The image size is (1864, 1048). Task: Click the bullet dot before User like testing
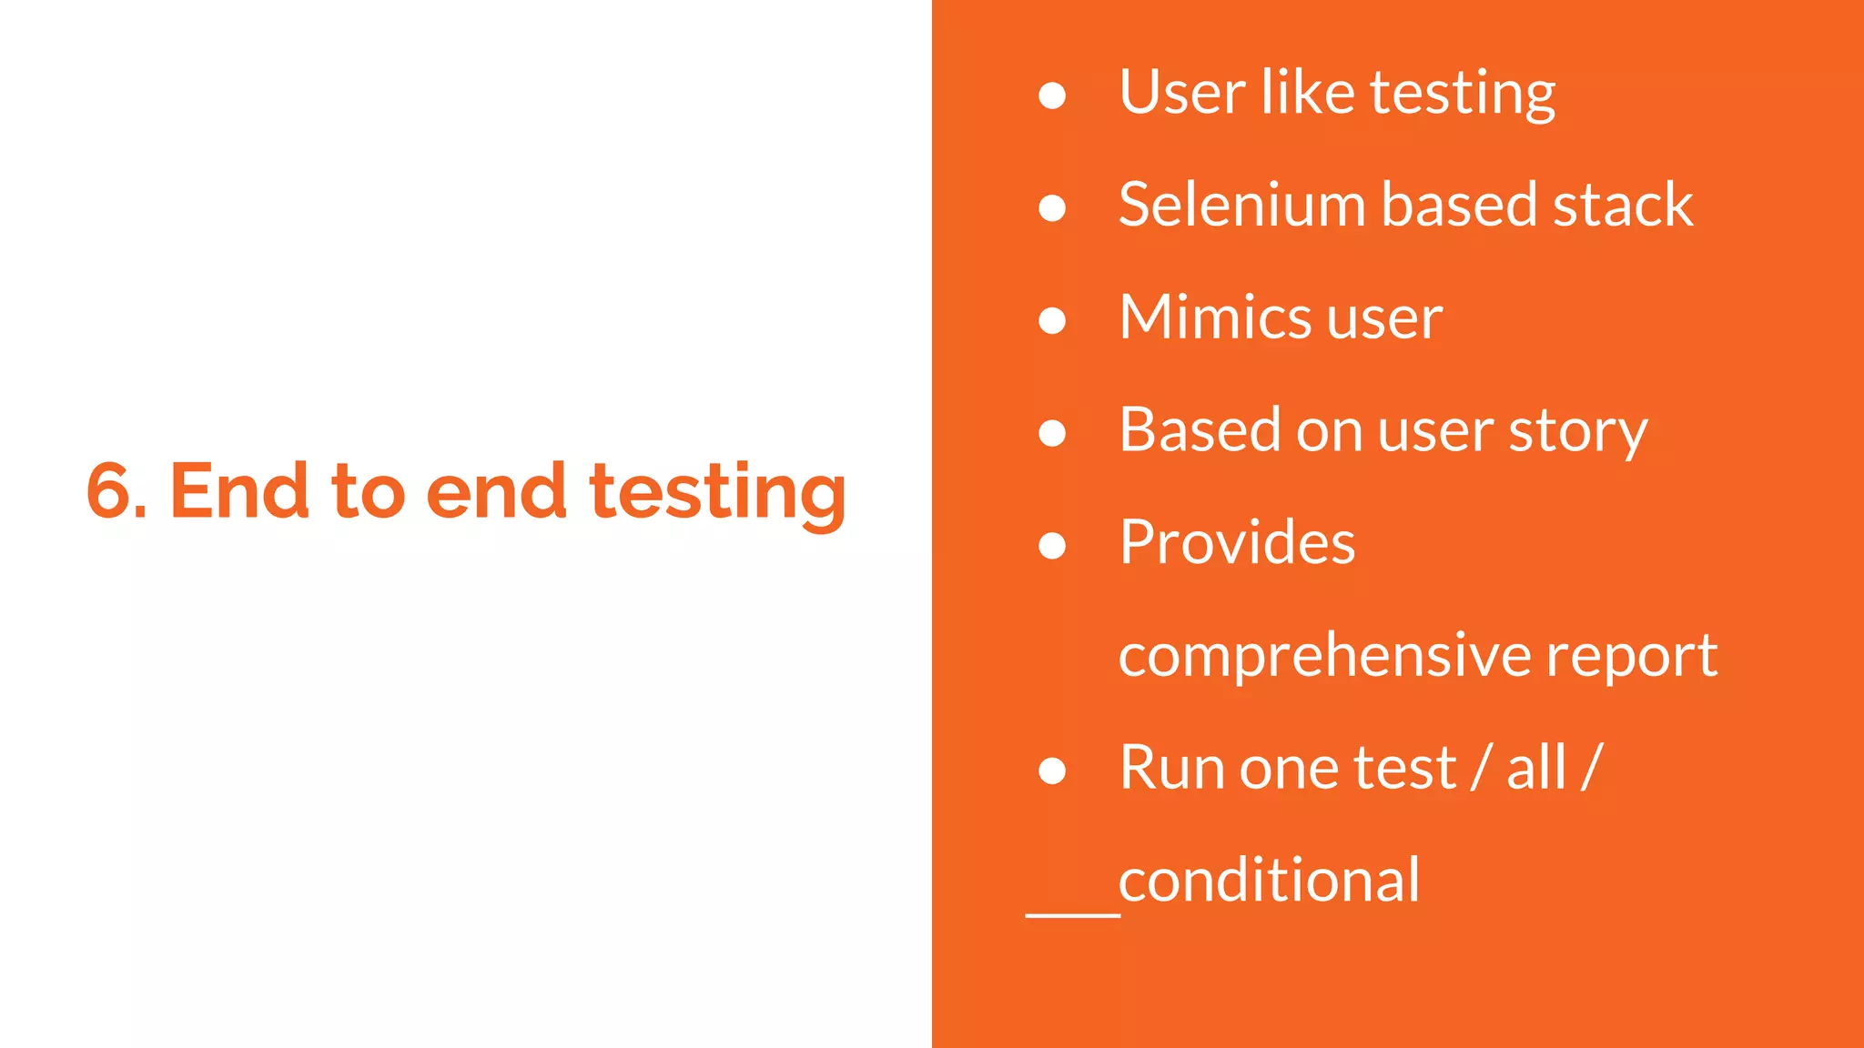point(1052,96)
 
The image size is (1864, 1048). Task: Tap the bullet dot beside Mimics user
point(1052,320)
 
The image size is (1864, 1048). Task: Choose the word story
point(1578,431)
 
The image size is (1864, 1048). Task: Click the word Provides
point(1237,542)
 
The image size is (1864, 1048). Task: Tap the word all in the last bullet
point(1536,768)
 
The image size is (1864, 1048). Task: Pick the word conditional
point(1269,881)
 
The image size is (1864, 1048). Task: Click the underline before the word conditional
point(1072,913)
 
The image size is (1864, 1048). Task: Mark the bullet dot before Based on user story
point(1052,433)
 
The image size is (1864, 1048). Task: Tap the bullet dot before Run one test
point(1052,771)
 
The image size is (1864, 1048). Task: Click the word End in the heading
point(239,491)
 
